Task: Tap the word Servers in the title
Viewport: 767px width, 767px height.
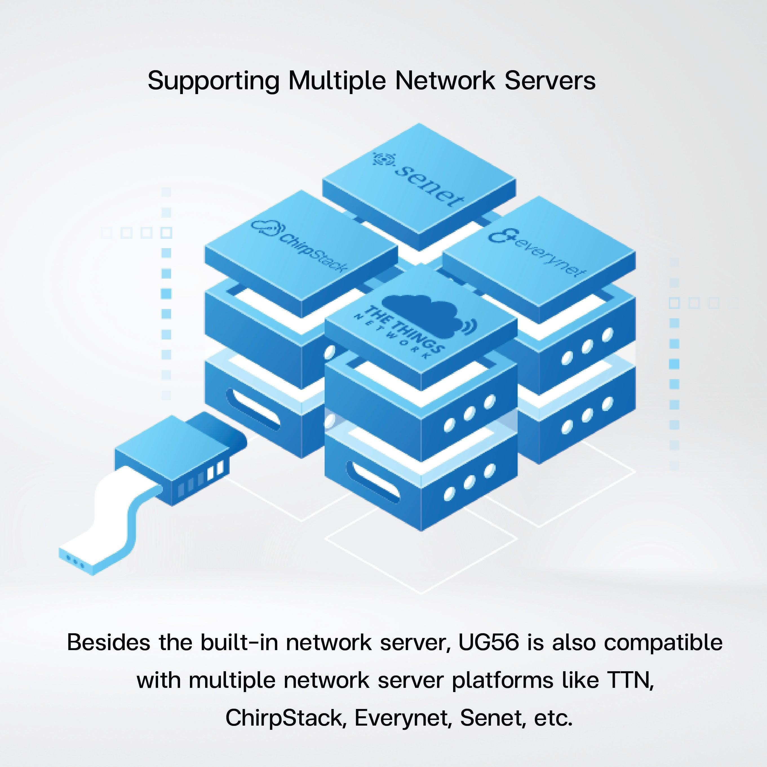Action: click(550, 81)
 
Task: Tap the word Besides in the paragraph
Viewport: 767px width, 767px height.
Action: click(108, 642)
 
